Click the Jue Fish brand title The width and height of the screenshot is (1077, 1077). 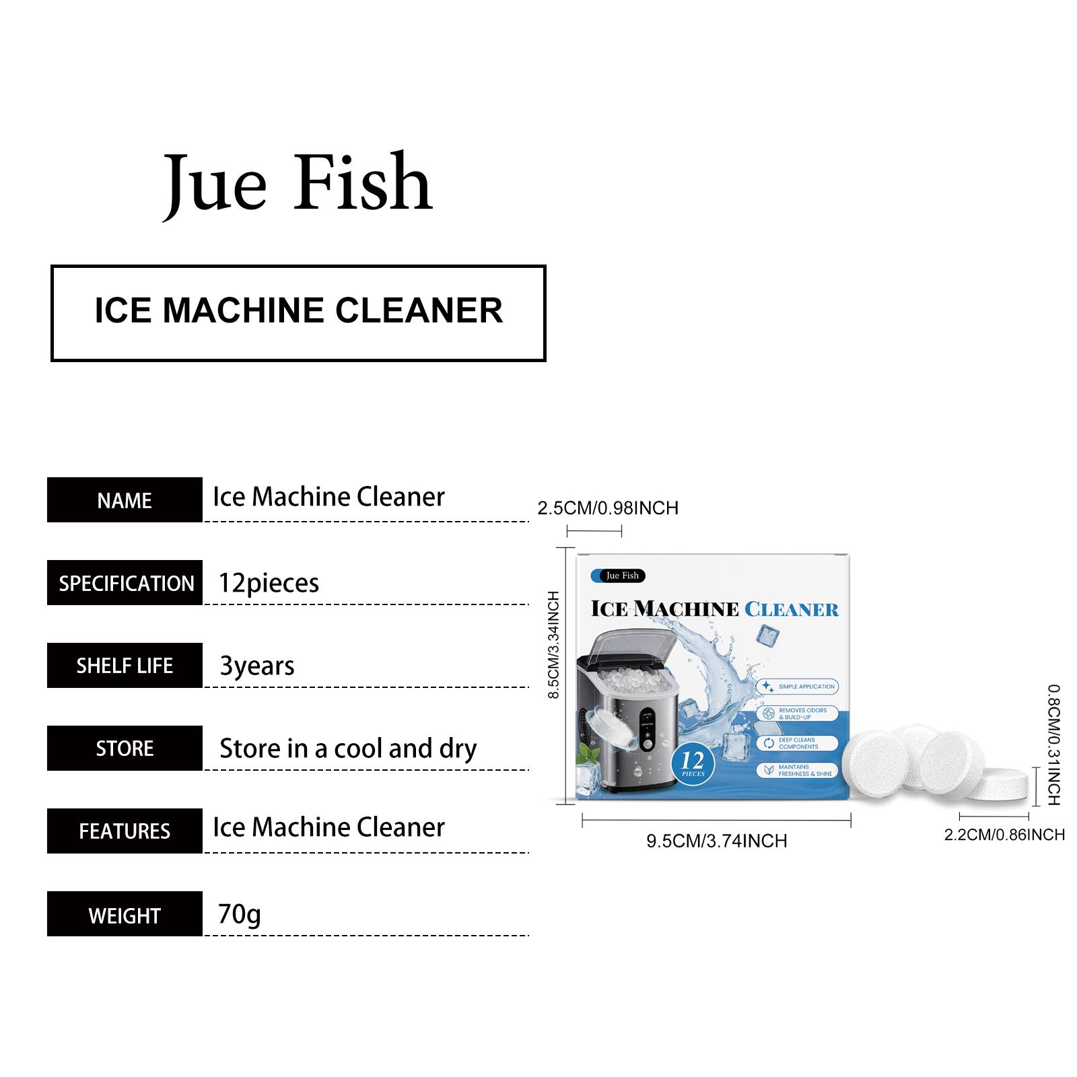click(298, 183)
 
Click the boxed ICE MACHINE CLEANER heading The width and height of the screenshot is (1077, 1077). click(298, 312)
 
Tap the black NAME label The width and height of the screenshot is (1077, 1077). click(125, 500)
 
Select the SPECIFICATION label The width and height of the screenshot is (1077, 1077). click(126, 583)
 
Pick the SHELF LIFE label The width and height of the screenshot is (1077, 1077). click(125, 666)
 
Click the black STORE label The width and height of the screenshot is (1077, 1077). click(125, 749)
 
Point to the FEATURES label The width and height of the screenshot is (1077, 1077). click(125, 831)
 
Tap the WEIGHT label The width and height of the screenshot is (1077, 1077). click(125, 915)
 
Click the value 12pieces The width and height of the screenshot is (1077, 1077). click(269, 583)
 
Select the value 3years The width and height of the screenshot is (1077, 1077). click(257, 666)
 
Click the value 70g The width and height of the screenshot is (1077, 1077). click(239, 914)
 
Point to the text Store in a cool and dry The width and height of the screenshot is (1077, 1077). click(348, 749)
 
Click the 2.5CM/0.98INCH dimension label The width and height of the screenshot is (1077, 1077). click(608, 508)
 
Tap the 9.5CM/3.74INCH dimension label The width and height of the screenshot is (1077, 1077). click(716, 841)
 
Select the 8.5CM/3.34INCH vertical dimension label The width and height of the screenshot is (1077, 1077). click(554, 645)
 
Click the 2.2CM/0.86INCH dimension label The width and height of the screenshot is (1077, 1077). click(1004, 835)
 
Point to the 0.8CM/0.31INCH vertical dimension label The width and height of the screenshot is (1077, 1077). click(1053, 744)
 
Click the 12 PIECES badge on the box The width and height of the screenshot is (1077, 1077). click(693, 763)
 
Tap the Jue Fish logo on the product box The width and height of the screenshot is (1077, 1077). click(618, 576)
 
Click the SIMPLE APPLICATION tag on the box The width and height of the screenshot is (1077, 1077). click(799, 687)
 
